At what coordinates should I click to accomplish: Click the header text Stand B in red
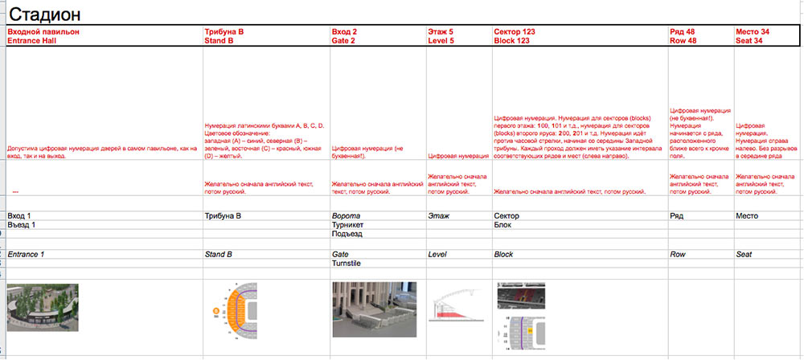(219, 39)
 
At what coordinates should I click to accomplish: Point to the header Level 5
(441, 39)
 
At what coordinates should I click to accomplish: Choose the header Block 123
(511, 39)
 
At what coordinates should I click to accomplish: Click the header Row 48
(683, 39)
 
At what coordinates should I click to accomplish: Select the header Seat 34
(749, 39)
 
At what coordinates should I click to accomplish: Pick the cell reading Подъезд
(347, 235)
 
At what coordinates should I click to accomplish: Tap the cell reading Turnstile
(347, 264)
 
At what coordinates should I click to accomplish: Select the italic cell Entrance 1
(26, 254)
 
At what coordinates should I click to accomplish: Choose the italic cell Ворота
(346, 216)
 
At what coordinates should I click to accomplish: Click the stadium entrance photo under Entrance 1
(42, 307)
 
